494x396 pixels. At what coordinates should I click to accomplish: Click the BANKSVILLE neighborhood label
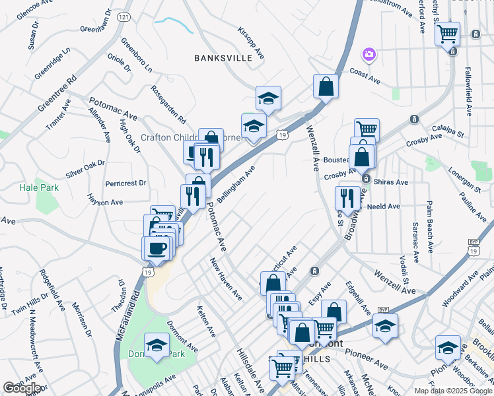pos(223,58)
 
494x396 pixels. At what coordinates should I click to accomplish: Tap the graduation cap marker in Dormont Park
pos(157,345)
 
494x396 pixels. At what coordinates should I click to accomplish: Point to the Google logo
pos(22,388)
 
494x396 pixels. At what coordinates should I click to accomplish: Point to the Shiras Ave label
pos(392,182)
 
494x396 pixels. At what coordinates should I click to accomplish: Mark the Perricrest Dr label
pos(125,182)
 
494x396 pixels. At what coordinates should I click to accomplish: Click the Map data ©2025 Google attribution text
pos(452,391)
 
